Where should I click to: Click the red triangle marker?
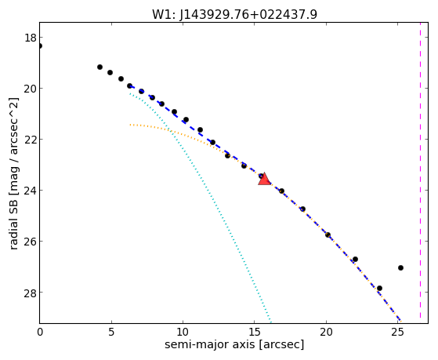click(264, 180)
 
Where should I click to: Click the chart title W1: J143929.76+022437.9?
click(234, 14)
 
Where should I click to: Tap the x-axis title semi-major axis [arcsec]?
click(234, 344)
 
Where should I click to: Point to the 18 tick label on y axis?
click(30, 38)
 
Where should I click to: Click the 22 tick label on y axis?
click(30, 140)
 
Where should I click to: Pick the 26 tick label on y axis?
click(30, 241)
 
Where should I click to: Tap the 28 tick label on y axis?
click(30, 293)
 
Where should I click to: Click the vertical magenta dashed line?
click(421, 173)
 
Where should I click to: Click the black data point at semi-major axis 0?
click(40, 45)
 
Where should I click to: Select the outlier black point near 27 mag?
click(400, 268)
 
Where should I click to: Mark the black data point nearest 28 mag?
click(379, 289)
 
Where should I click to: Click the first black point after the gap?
click(100, 67)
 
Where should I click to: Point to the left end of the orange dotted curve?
click(130, 125)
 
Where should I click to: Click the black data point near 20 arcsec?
click(328, 235)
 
